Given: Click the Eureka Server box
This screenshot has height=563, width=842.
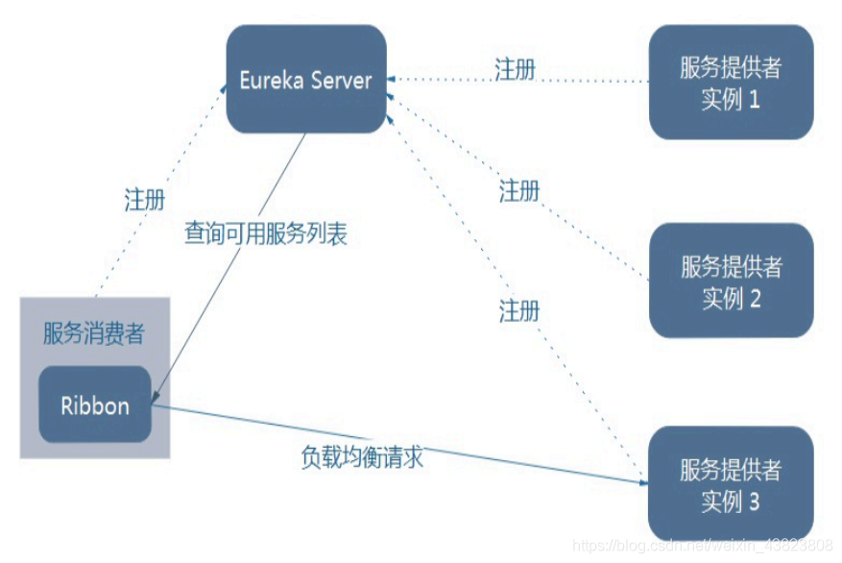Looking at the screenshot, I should click(x=306, y=79).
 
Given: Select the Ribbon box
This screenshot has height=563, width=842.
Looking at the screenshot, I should click(x=95, y=404).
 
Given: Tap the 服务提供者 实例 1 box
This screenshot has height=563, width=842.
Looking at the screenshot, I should click(x=731, y=83).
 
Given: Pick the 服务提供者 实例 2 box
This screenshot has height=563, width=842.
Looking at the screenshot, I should click(x=731, y=281).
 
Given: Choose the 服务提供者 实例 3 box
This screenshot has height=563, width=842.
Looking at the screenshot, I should click(x=731, y=484).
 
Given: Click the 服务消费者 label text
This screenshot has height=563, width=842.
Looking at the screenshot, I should click(x=94, y=333).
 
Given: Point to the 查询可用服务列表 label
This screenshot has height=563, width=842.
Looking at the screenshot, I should click(x=266, y=233).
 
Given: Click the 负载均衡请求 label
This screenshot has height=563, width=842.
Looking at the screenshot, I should click(x=362, y=457).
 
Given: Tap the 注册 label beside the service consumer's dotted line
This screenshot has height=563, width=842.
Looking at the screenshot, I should click(x=145, y=200).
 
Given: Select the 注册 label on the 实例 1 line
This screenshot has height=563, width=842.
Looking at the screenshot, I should click(x=515, y=69).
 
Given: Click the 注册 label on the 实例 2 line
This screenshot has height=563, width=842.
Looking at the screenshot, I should click(x=519, y=191).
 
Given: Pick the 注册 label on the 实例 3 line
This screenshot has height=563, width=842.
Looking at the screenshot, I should click(x=519, y=310).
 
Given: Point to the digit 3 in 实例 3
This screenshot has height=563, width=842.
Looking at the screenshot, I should click(x=754, y=501).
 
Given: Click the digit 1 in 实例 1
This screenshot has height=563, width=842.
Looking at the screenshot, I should click(x=755, y=99).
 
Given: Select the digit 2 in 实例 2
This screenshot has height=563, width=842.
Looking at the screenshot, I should click(x=755, y=298).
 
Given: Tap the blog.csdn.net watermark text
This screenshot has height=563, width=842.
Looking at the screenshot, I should click(x=702, y=546).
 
